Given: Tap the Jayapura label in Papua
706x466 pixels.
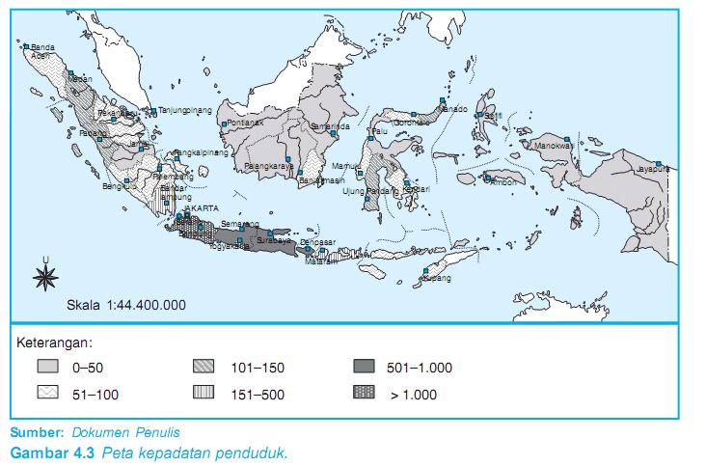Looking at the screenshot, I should (652, 169).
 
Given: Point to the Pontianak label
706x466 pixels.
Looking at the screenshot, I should (245, 123).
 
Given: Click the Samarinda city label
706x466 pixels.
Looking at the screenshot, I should (329, 126).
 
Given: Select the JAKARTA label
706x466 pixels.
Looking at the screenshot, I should (201, 208).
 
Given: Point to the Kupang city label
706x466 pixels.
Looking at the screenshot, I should (437, 278).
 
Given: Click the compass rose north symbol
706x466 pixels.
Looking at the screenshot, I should (44, 277).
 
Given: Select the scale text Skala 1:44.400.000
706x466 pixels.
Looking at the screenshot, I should (126, 305).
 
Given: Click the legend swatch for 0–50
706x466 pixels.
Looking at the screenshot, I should (49, 368).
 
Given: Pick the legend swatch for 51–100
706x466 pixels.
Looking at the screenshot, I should (49, 394).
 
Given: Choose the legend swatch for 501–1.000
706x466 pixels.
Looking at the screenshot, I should (366, 368).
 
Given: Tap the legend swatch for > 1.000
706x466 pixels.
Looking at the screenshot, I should (366, 394).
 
